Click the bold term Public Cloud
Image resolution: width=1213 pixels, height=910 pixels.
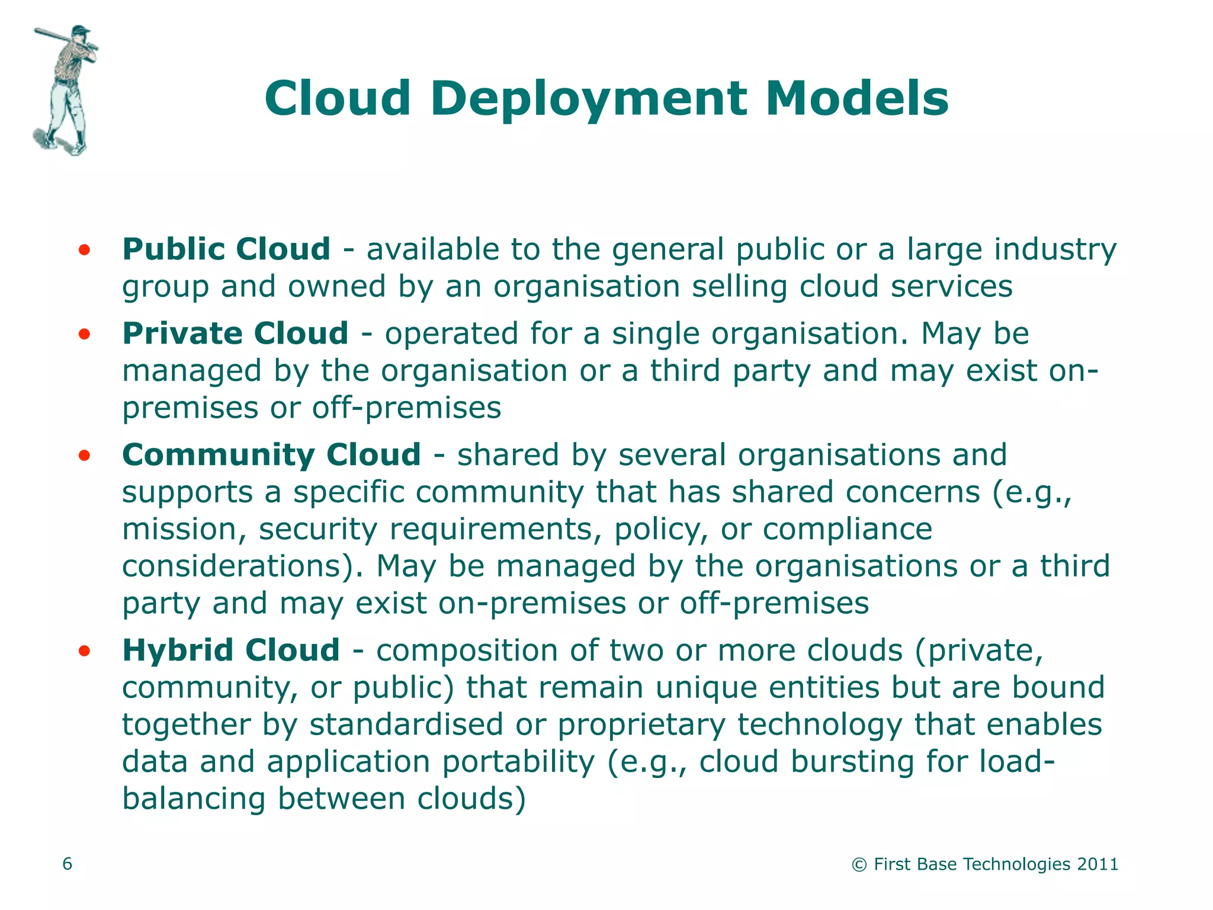226,249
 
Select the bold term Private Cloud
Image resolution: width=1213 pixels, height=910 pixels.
235,333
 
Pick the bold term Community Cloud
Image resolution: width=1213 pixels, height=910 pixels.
271,455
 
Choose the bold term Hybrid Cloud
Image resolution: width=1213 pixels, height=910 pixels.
231,650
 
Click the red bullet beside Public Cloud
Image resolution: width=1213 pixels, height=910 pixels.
84,250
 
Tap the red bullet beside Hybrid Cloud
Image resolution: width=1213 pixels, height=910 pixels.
84,651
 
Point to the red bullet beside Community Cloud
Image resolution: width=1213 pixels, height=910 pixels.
84,456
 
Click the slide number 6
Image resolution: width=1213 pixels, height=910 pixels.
68,864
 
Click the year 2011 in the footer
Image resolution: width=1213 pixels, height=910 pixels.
1098,864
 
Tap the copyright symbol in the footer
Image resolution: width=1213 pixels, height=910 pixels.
859,865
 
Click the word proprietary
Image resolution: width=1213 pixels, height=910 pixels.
641,725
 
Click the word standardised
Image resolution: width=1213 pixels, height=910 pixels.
406,725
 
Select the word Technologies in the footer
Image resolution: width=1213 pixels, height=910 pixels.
1017,864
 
